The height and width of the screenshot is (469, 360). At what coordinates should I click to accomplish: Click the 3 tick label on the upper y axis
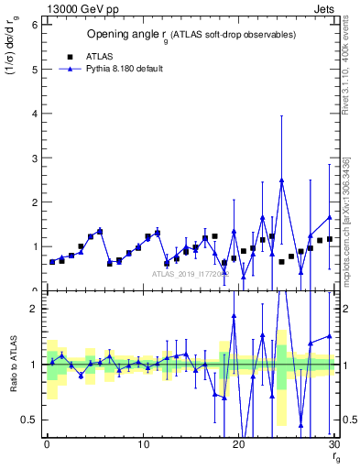[33, 158]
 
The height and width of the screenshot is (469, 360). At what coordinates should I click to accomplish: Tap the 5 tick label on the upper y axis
[33, 69]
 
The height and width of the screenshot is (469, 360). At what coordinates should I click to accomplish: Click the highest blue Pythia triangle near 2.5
[281, 180]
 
